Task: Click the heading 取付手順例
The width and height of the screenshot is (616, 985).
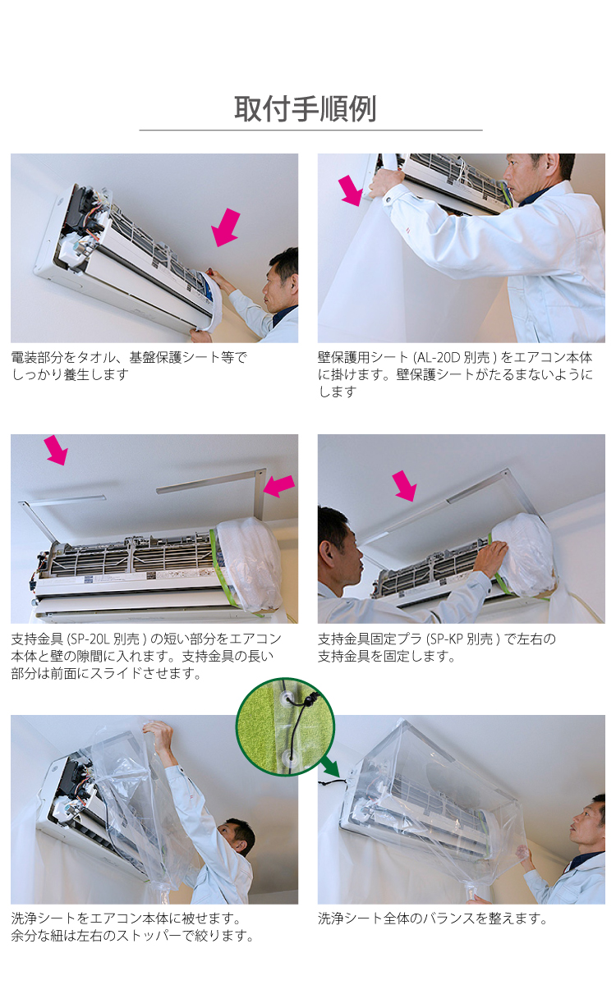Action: point(305,108)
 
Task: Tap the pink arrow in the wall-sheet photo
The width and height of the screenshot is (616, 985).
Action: point(352,190)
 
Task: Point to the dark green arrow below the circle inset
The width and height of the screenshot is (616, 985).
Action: point(330,766)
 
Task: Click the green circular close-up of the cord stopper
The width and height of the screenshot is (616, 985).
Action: point(285,726)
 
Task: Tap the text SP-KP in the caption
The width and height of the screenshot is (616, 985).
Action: point(446,639)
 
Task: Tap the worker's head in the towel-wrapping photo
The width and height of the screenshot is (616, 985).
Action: point(281,281)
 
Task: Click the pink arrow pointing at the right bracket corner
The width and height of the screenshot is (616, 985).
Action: point(279,486)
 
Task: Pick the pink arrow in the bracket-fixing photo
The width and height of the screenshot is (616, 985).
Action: point(404,485)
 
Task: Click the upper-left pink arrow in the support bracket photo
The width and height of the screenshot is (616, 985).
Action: point(56,450)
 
